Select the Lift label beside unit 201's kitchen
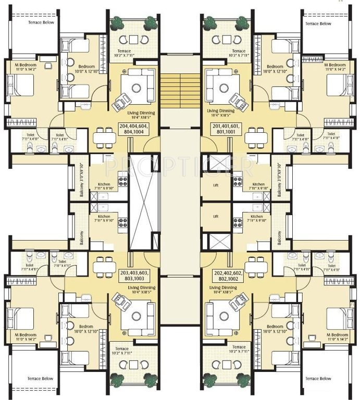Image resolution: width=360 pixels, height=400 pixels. (216, 184)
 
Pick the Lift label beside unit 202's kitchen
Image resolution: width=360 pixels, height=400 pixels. (216, 216)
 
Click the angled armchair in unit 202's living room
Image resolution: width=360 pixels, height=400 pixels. (240, 302)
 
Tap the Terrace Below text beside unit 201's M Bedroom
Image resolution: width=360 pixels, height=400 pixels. (318, 23)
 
